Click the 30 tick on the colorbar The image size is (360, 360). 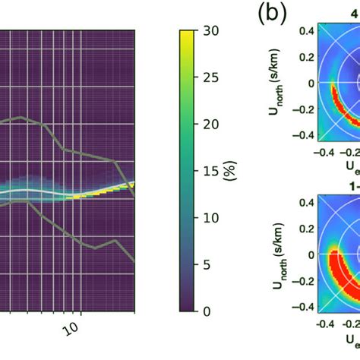(213, 31)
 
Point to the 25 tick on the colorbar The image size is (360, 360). (213, 77)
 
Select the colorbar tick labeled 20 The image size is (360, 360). (213, 124)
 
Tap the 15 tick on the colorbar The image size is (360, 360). (214, 171)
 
